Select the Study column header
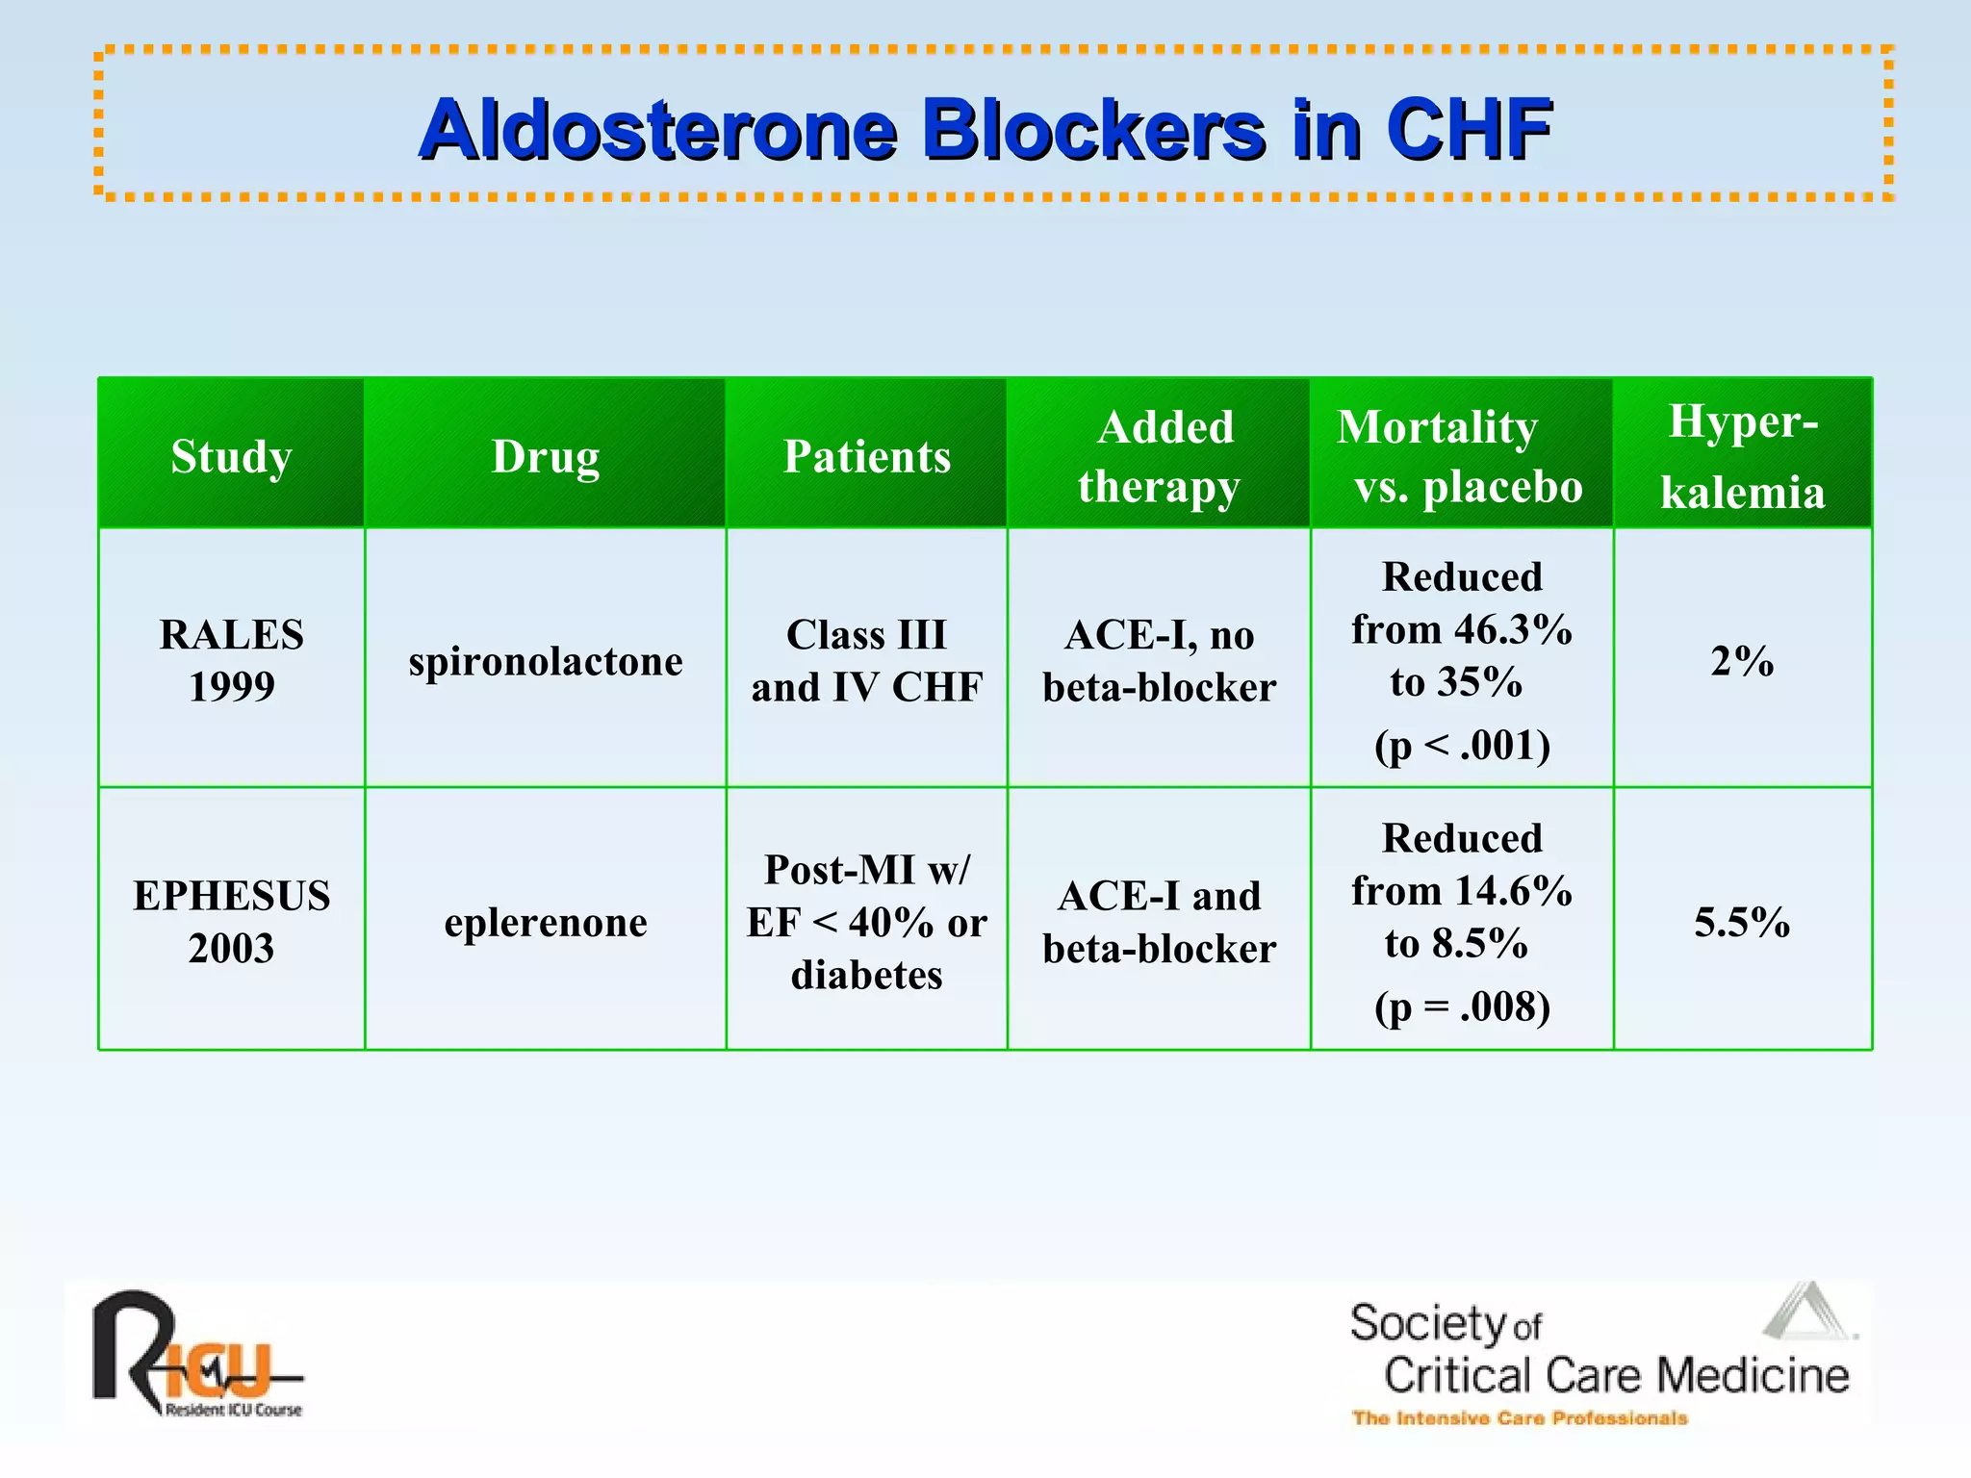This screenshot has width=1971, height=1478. [x=231, y=455]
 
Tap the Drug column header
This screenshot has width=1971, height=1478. [x=545, y=455]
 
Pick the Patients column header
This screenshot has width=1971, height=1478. [x=866, y=455]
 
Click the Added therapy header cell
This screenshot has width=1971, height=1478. [x=1159, y=455]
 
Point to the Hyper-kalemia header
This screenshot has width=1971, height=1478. [x=1742, y=455]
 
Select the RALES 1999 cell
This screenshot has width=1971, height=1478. [x=231, y=660]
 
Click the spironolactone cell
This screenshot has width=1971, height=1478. [x=545, y=661]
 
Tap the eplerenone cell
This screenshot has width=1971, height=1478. [x=545, y=922]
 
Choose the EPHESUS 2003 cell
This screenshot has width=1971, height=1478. [x=231, y=921]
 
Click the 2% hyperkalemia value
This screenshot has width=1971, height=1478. [x=1742, y=661]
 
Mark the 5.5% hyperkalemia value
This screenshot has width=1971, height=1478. [x=1742, y=922]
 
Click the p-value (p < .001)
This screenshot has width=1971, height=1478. [x=1461, y=745]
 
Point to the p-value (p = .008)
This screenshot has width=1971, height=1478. [x=1461, y=1007]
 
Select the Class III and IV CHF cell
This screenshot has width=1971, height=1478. [x=866, y=660]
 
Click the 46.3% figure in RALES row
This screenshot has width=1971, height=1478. [x=1513, y=629]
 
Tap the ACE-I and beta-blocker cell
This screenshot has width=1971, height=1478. [x=1159, y=921]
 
